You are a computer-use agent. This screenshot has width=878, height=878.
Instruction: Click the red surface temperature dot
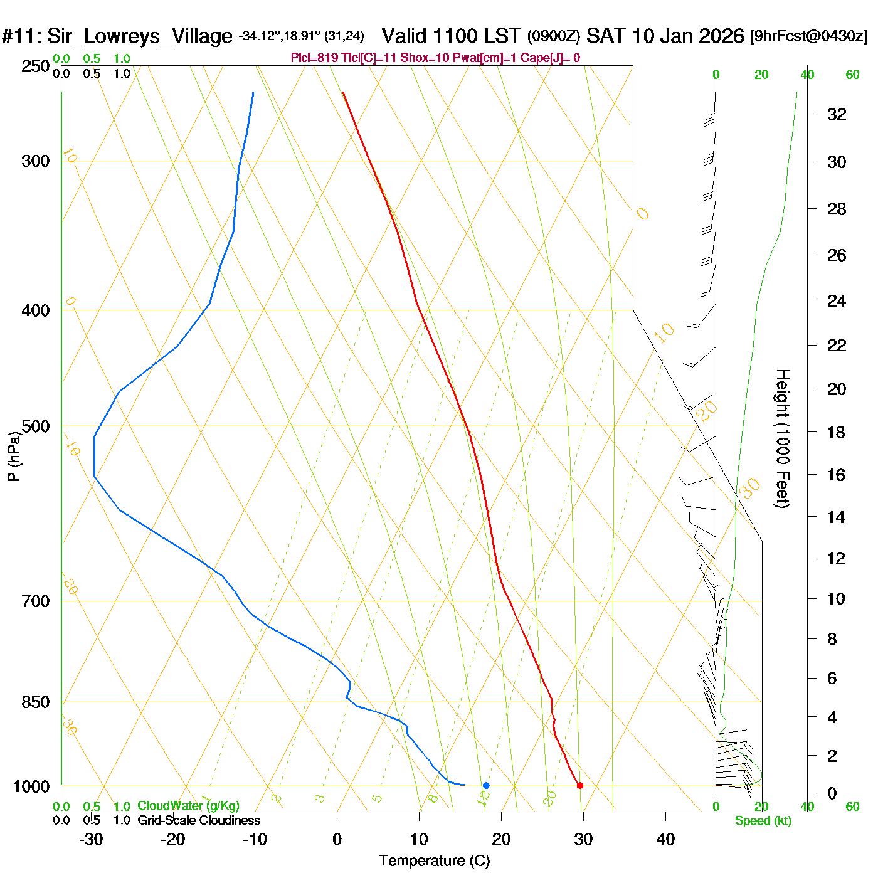tap(579, 785)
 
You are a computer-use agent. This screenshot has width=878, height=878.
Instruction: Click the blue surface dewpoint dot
tap(486, 785)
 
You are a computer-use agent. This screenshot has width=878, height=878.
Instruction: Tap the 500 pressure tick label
tap(35, 426)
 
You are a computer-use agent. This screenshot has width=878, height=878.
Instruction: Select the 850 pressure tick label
tap(35, 702)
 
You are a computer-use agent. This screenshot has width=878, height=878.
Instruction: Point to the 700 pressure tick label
tap(35, 601)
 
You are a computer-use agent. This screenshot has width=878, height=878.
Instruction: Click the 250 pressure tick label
tap(35, 66)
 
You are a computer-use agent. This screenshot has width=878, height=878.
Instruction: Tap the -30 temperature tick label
tap(91, 839)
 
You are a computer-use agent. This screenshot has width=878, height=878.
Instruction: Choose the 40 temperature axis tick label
tap(665, 839)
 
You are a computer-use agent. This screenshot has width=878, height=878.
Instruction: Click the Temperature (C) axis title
tap(434, 861)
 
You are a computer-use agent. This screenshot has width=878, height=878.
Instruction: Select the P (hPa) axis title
tap(14, 456)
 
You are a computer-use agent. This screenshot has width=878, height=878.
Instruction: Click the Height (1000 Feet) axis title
tap(783, 438)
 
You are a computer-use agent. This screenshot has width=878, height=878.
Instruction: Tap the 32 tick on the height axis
tap(837, 114)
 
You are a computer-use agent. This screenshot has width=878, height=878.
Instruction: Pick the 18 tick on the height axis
tap(836, 432)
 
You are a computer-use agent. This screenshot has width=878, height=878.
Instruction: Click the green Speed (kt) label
tap(763, 821)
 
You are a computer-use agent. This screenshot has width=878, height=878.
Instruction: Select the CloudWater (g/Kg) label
tap(188, 806)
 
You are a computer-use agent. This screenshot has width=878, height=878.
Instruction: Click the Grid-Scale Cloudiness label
tap(199, 820)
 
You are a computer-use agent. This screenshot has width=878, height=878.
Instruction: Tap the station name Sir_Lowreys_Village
tap(139, 36)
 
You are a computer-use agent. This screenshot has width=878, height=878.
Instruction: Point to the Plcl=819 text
tap(314, 58)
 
